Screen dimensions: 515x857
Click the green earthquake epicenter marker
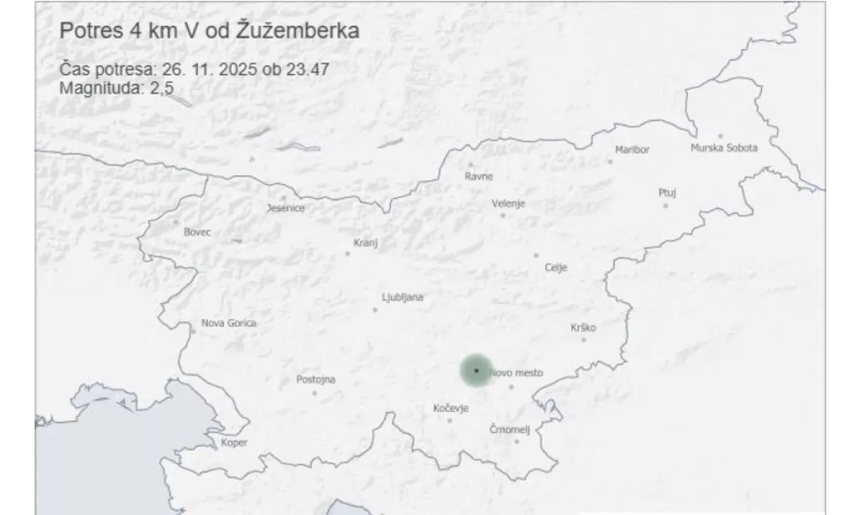click(x=476, y=371)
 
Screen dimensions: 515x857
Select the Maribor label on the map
click(x=633, y=149)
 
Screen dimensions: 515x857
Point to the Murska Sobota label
click(x=723, y=148)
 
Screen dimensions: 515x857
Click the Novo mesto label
click(x=517, y=373)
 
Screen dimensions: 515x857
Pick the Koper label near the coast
click(x=234, y=443)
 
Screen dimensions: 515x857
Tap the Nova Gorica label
click(x=229, y=323)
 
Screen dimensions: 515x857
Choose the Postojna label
click(x=315, y=380)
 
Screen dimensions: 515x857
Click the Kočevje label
click(x=451, y=408)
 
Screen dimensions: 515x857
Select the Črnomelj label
click(x=510, y=429)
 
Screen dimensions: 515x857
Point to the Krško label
click(x=583, y=328)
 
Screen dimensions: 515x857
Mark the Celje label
click(x=555, y=268)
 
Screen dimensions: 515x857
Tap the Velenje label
click(x=508, y=203)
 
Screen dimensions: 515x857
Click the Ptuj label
click(x=667, y=192)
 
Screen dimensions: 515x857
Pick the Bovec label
click(x=197, y=232)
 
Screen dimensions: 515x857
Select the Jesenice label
click(x=285, y=208)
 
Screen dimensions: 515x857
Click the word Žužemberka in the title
click(x=297, y=31)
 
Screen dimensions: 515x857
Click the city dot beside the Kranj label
click(x=348, y=253)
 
